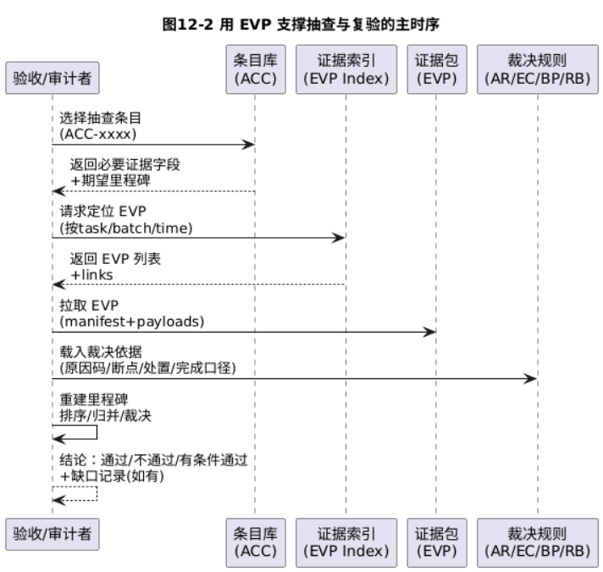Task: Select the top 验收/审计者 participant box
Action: [53, 78]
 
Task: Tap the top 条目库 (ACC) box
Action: [256, 69]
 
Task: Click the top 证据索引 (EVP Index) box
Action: [346, 69]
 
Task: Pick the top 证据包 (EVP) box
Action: [437, 69]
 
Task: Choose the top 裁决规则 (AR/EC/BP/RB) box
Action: [538, 69]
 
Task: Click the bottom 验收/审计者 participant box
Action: [53, 535]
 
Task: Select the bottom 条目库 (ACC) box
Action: [256, 542]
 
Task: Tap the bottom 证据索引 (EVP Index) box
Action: [346, 542]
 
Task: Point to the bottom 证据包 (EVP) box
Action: [437, 542]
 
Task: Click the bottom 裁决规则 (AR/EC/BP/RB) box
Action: [538, 542]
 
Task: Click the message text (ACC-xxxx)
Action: [98, 134]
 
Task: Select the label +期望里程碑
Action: [110, 180]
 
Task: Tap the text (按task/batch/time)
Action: [126, 228]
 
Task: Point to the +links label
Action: [92, 275]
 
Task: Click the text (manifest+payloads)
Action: [132, 322]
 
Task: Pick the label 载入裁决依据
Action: [101, 352]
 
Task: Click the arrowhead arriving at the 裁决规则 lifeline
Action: [531, 379]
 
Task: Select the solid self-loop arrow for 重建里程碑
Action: [97, 432]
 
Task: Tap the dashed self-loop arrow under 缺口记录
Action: [97, 493]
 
